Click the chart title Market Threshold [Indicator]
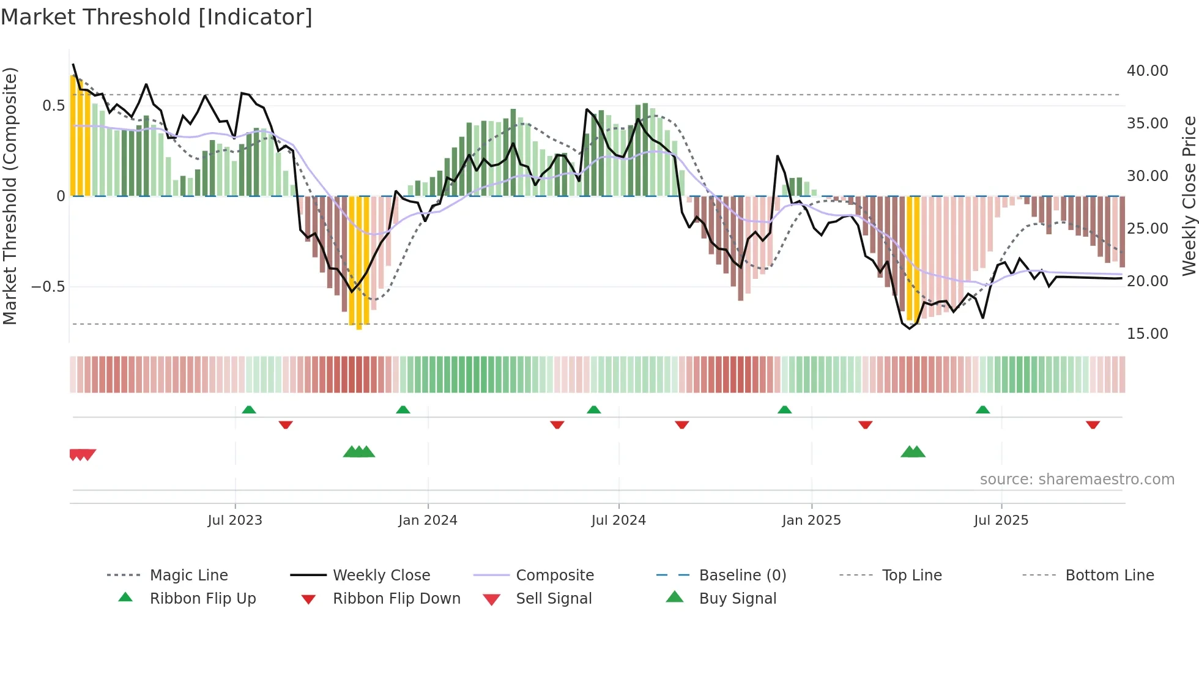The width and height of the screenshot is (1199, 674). pyautogui.click(x=157, y=17)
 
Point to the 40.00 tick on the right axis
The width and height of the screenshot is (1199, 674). pyautogui.click(x=1147, y=71)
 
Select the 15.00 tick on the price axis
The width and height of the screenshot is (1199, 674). pyautogui.click(x=1147, y=334)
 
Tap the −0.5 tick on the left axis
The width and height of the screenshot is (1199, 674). pyautogui.click(x=48, y=287)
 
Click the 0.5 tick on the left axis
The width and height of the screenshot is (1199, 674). pyautogui.click(x=53, y=106)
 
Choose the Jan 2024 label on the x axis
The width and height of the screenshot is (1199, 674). pyautogui.click(x=428, y=520)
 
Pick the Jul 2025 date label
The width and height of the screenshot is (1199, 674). pyautogui.click(x=1001, y=520)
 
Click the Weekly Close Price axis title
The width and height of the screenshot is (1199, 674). pyautogui.click(x=1189, y=196)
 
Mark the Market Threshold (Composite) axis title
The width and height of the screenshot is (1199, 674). pyautogui.click(x=10, y=196)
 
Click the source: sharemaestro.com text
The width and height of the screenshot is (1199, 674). pyautogui.click(x=1077, y=480)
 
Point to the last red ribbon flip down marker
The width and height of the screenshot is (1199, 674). pyautogui.click(x=1093, y=424)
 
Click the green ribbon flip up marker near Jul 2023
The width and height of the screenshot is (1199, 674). pyautogui.click(x=249, y=410)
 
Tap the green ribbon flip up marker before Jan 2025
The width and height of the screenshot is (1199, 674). pyautogui.click(x=784, y=410)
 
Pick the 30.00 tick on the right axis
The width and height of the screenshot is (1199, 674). pyautogui.click(x=1147, y=176)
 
